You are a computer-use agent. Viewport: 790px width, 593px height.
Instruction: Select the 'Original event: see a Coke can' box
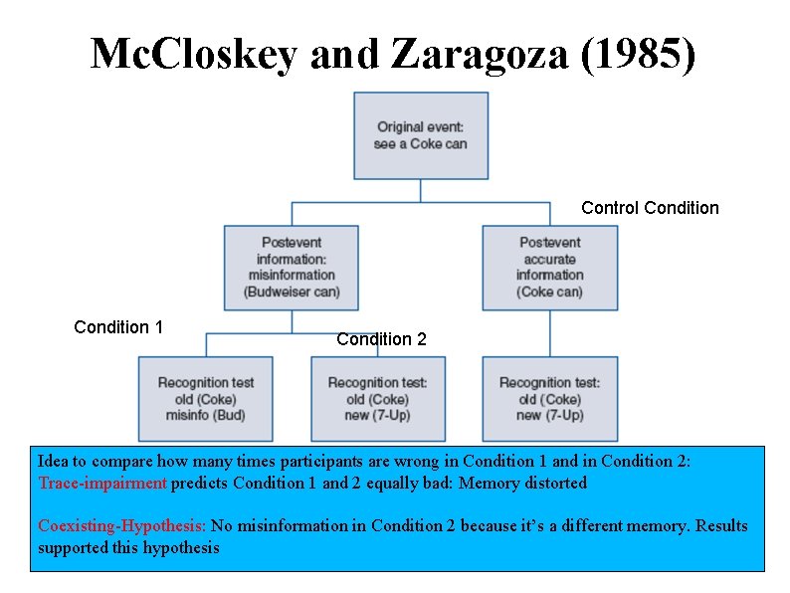click(x=421, y=135)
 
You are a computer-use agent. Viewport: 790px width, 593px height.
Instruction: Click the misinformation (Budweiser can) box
click(x=292, y=267)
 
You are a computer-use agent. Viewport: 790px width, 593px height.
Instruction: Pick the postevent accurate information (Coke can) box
click(x=550, y=267)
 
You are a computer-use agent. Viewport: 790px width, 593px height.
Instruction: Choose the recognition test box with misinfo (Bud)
click(x=206, y=398)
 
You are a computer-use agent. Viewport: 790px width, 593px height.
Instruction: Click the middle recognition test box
click(x=378, y=398)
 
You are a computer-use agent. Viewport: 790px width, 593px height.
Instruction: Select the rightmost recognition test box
click(x=550, y=398)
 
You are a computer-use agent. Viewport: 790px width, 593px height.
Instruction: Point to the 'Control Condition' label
click(x=650, y=208)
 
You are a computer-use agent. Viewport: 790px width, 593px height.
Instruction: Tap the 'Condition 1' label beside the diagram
click(x=118, y=327)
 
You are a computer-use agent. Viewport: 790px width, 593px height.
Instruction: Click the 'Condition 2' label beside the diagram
click(x=381, y=339)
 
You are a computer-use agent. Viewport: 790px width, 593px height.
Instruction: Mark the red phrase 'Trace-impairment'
click(x=102, y=484)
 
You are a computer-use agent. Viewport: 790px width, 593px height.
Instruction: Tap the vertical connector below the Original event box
click(x=421, y=190)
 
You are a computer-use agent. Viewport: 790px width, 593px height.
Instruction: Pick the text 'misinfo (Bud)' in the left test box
click(x=206, y=415)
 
